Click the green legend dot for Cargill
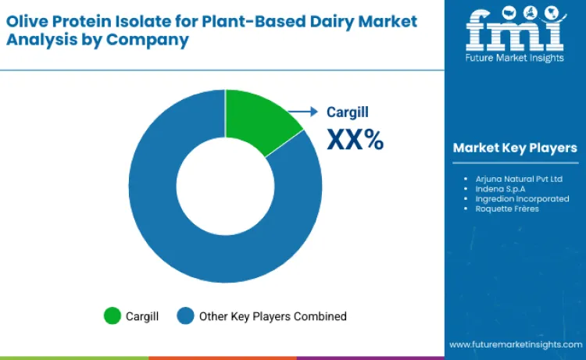[113, 316]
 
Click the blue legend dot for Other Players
[185, 316]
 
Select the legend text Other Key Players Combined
[273, 316]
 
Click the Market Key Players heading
[515, 148]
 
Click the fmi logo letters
[514, 30]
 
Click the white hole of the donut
[225, 186]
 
